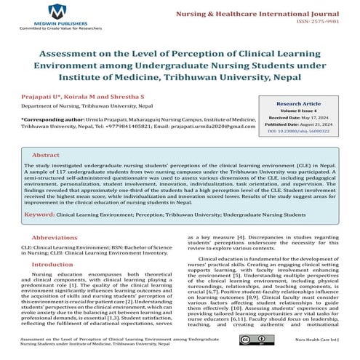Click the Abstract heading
(x=47, y=155)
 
